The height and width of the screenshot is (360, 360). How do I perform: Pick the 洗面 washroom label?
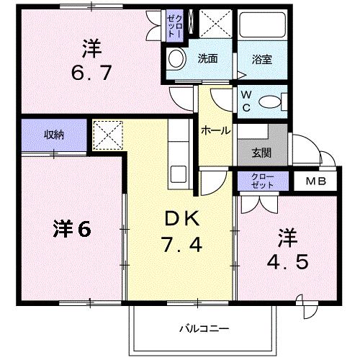click(x=209, y=58)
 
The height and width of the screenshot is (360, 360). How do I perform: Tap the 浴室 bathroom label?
click(x=261, y=58)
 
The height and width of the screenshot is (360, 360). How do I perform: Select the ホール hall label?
click(x=215, y=131)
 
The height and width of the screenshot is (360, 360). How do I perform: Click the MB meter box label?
click(x=315, y=180)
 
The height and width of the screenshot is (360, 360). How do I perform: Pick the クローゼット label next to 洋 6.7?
click(x=175, y=24)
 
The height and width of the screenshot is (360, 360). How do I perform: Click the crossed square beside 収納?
click(x=107, y=135)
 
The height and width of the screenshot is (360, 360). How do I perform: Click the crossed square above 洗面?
click(x=214, y=24)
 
